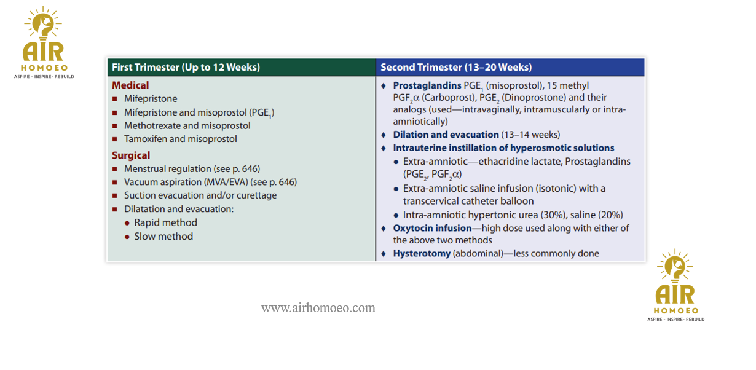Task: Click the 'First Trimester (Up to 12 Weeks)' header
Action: click(186, 67)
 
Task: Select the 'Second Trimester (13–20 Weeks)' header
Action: click(456, 67)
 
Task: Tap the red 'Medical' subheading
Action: click(130, 85)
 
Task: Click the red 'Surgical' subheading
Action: click(131, 155)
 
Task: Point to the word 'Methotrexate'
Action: click(152, 125)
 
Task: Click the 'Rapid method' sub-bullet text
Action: click(166, 222)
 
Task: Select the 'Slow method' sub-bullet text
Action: click(163, 236)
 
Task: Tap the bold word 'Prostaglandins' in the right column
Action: click(427, 85)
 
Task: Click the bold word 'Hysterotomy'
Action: click(422, 254)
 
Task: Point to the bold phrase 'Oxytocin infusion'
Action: click(432, 228)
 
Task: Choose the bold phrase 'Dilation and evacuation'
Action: click(446, 135)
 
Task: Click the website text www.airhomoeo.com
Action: click(318, 308)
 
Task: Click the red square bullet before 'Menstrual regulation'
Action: click(115, 169)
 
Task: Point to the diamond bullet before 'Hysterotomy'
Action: click(384, 254)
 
